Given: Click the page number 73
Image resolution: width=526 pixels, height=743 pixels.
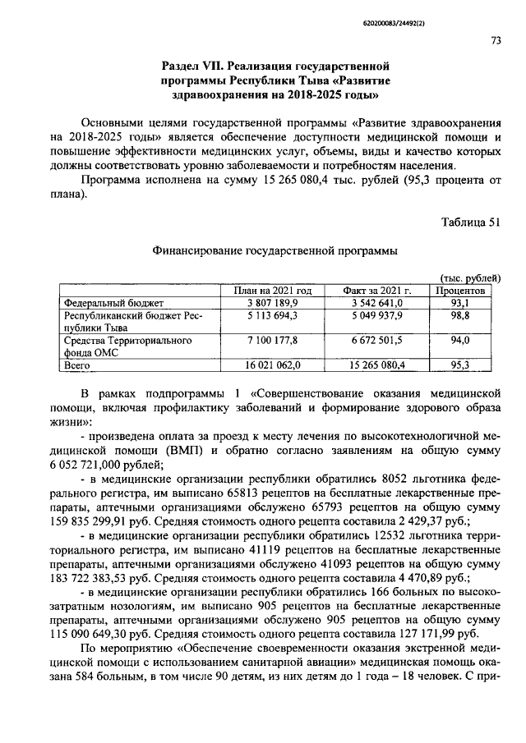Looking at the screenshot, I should (496, 40).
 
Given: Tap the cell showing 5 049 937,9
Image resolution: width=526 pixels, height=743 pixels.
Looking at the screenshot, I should (372, 315).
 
